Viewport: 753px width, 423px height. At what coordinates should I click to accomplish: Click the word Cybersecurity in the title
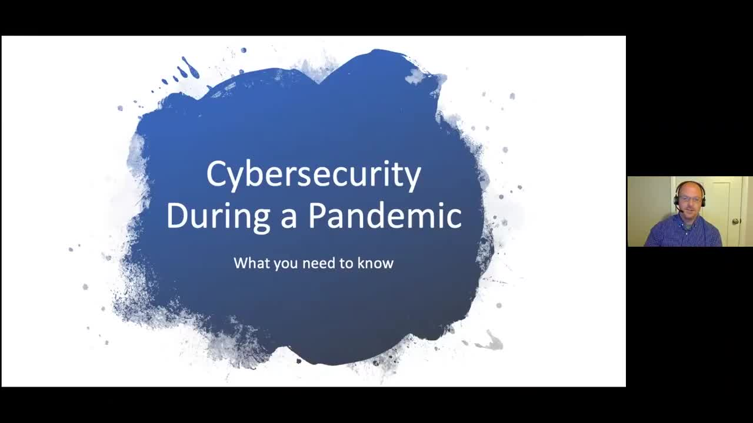[x=314, y=174]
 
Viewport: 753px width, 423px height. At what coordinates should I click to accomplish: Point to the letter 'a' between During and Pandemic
[x=288, y=217]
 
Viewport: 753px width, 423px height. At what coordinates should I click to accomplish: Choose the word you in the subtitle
[x=285, y=264]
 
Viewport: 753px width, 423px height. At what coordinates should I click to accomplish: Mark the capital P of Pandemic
[x=318, y=215]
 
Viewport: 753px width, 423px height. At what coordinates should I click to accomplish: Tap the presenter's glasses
[x=690, y=200]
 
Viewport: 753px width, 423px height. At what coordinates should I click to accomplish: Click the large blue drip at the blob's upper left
[x=190, y=68]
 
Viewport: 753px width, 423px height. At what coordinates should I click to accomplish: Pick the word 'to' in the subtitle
[x=347, y=263]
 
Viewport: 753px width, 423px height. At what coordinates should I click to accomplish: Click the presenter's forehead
[x=690, y=190]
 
